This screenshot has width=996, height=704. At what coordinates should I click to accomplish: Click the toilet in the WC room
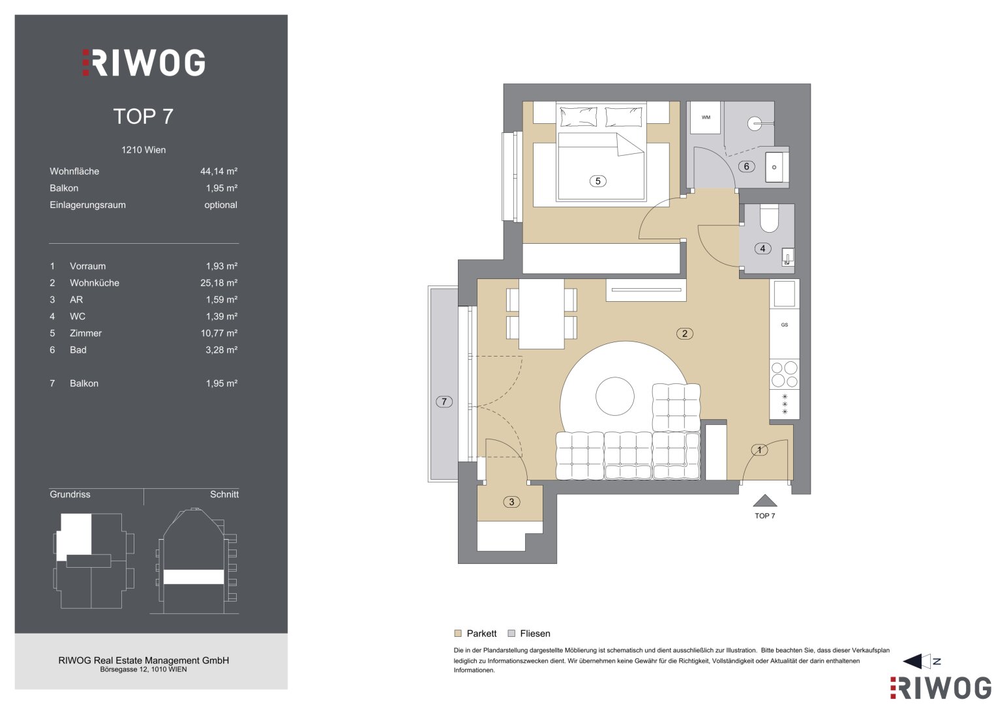(769, 218)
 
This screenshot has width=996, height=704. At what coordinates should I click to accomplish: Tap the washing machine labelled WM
(706, 118)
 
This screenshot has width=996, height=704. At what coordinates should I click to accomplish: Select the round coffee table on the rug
(614, 396)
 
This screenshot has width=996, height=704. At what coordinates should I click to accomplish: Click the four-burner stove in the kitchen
(785, 374)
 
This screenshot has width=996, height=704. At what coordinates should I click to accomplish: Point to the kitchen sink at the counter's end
(785, 294)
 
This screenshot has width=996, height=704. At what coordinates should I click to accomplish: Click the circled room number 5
(597, 181)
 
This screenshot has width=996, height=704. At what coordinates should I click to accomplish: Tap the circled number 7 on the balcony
(444, 402)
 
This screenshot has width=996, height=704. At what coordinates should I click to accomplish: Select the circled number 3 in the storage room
(511, 502)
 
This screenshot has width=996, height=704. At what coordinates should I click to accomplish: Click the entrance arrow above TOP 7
(765, 501)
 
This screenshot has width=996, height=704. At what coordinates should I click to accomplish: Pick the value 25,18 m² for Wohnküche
(219, 283)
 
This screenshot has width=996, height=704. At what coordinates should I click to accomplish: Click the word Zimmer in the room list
(86, 333)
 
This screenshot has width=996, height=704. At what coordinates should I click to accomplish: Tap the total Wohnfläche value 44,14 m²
(219, 171)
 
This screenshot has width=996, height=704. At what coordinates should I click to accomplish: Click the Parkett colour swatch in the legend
(457, 634)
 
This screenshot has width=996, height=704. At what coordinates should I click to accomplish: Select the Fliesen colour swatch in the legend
(511, 634)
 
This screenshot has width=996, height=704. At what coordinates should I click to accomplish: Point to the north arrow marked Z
(921, 662)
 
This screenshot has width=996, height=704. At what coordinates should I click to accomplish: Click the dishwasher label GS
(785, 325)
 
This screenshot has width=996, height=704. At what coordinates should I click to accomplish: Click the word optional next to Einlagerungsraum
(221, 205)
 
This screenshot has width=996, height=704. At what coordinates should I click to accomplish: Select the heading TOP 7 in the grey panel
(143, 117)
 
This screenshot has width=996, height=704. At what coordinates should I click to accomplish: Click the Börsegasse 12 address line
(143, 669)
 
